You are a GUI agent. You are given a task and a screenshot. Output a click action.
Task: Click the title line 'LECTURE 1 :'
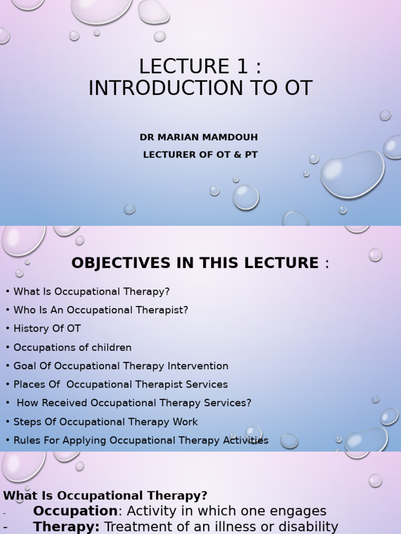click(200, 66)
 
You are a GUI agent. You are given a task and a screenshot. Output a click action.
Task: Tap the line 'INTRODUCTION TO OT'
click(200, 89)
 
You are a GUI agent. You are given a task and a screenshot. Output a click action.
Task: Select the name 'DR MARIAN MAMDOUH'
click(199, 137)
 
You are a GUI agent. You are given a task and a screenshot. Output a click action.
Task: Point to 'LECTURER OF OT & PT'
click(200, 155)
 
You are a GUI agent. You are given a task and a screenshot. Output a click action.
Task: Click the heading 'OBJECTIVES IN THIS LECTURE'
click(195, 263)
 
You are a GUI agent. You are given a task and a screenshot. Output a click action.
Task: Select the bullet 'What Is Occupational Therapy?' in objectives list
click(91, 292)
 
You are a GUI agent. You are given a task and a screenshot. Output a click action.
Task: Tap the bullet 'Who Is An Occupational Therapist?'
click(100, 310)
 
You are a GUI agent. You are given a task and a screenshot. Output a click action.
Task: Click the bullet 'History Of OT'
click(47, 329)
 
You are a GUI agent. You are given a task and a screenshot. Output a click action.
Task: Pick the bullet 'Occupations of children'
click(72, 347)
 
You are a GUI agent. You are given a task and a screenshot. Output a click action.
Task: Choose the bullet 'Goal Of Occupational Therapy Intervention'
click(121, 366)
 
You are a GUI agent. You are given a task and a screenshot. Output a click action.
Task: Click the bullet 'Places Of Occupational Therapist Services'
click(121, 384)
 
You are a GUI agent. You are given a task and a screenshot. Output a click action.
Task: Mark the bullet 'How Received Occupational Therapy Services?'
click(134, 403)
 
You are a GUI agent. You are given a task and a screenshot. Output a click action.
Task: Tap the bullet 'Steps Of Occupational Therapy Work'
click(105, 422)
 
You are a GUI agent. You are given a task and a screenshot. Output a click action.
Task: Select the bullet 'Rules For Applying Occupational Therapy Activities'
click(140, 440)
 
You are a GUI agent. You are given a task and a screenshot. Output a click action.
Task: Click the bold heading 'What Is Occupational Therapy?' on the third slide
click(105, 495)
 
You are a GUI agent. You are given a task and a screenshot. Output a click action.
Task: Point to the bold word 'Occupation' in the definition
click(75, 511)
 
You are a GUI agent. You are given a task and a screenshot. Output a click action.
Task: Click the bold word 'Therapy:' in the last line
click(66, 527)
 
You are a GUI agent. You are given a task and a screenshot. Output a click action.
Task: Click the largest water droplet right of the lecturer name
click(352, 174)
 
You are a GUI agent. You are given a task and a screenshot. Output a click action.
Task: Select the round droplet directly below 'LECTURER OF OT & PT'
click(245, 197)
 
